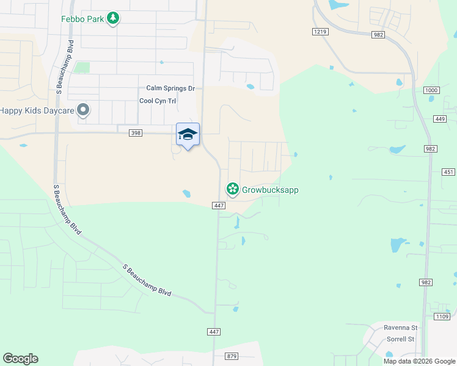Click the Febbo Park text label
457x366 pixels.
point(81,18)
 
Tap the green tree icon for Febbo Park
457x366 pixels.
point(112,18)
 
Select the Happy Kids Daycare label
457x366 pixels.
point(37,110)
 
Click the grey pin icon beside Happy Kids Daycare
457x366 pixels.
point(84,110)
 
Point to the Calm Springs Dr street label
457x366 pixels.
point(170,88)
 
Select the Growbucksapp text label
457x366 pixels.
point(270,190)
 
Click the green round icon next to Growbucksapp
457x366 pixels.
point(232,190)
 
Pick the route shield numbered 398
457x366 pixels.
point(136,132)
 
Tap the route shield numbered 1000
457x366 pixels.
point(431,90)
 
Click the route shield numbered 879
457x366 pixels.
point(231,356)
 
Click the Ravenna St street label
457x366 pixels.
point(400,327)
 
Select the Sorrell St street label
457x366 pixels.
point(400,339)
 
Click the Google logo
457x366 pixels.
point(20,359)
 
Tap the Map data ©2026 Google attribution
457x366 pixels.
point(419,361)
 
